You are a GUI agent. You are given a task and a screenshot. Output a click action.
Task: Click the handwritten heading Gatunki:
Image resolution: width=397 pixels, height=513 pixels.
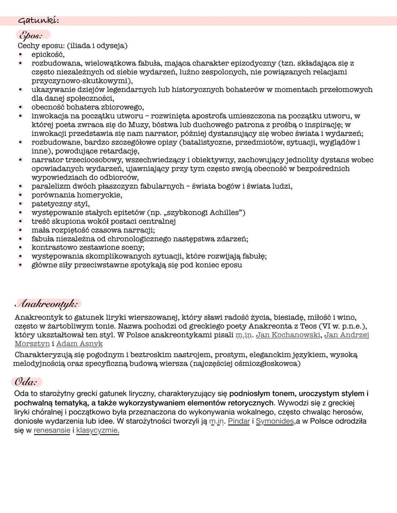pyautogui.click(x=38, y=21)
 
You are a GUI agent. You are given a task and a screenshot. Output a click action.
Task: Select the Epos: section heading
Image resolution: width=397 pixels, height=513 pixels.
pyautogui.click(x=31, y=35)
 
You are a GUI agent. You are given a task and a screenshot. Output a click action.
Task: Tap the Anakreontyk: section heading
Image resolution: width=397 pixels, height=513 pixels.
pyautogui.click(x=47, y=304)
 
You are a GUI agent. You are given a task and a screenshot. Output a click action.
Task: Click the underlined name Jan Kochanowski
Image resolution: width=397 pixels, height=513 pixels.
pyautogui.click(x=288, y=335)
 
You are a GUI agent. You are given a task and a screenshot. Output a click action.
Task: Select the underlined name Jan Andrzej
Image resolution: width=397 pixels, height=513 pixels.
pyautogui.click(x=346, y=335)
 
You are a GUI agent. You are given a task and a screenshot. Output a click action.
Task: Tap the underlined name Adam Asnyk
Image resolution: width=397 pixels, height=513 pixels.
pyautogui.click(x=79, y=344)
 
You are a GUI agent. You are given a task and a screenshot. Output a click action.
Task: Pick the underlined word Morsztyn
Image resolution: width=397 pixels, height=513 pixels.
pyautogui.click(x=32, y=344)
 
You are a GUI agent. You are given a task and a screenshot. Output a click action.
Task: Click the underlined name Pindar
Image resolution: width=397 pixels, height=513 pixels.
pyautogui.click(x=239, y=421)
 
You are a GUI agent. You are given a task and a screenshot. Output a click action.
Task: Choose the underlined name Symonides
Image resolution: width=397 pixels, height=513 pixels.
pyautogui.click(x=275, y=421)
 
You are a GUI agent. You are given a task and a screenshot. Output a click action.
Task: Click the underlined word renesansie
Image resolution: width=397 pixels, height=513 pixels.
pyautogui.click(x=52, y=430)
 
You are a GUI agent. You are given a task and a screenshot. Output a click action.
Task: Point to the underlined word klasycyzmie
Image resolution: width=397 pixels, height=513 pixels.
pyautogui.click(x=97, y=430)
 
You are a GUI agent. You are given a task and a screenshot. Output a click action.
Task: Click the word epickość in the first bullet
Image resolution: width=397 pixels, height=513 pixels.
pyautogui.click(x=48, y=54)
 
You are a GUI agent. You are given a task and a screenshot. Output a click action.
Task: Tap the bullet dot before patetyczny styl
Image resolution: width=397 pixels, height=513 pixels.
pyautogui.click(x=21, y=204)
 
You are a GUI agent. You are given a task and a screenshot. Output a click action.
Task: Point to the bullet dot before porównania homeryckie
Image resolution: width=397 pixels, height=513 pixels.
pyautogui.click(x=21, y=195)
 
